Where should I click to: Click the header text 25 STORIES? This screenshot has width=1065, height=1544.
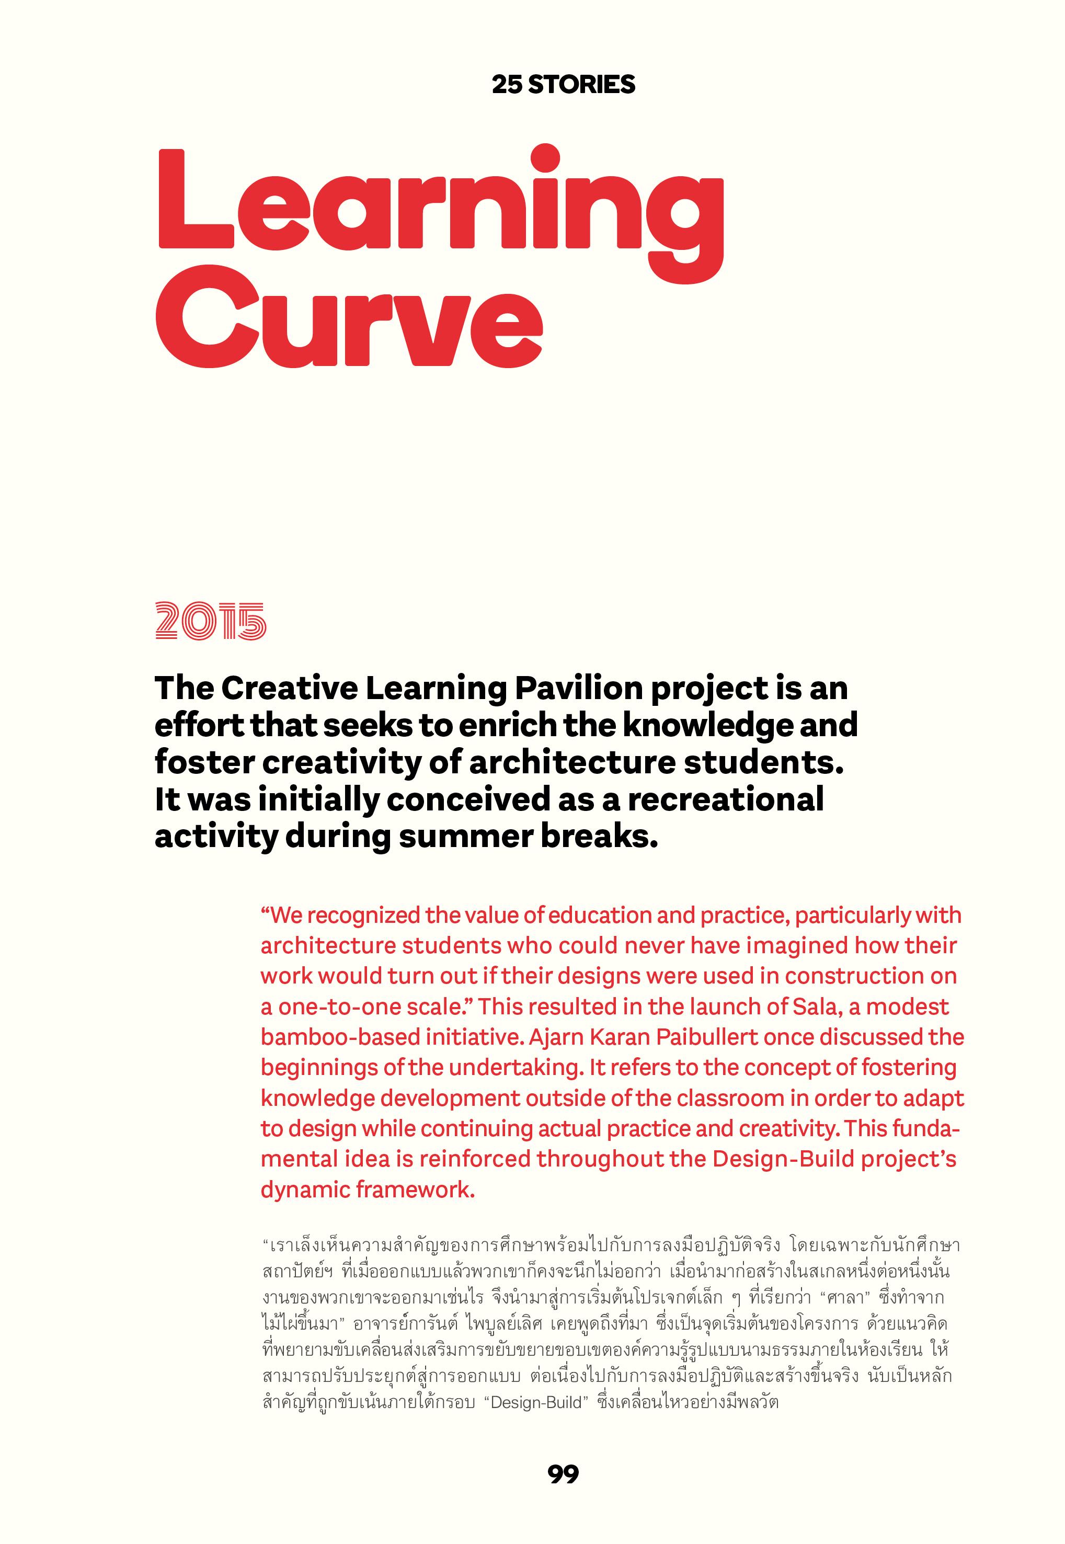coord(563,85)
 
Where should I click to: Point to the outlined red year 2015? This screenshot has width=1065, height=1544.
coord(210,622)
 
